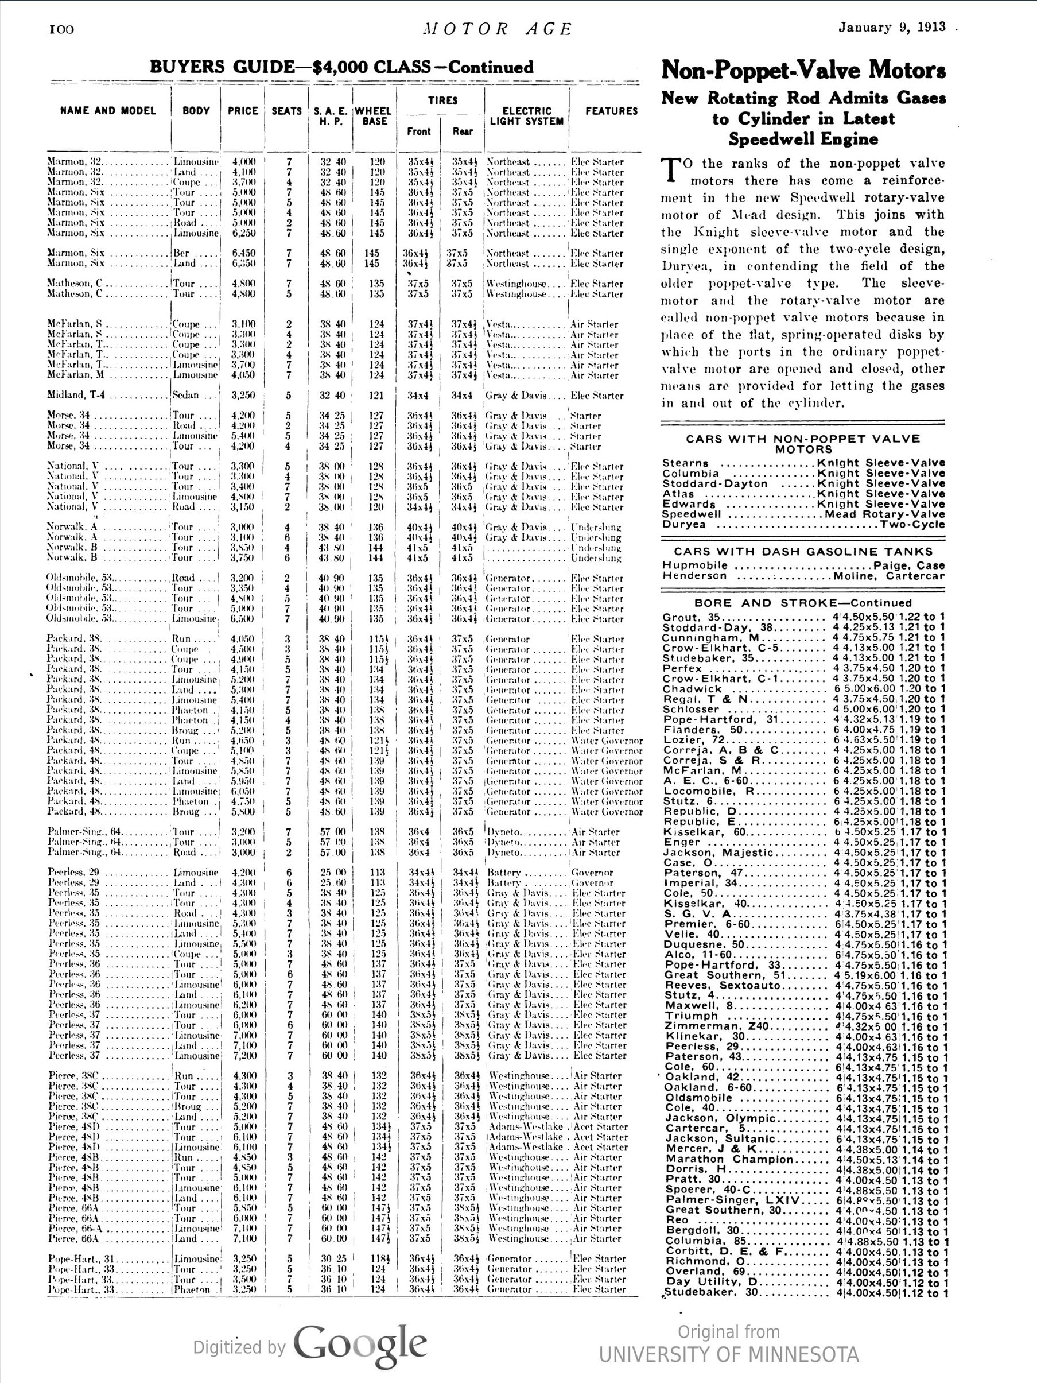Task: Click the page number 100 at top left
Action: coord(61,29)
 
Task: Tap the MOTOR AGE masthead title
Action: coord(496,29)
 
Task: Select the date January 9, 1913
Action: coord(892,27)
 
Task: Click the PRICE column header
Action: coord(243,111)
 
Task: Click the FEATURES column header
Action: coord(611,111)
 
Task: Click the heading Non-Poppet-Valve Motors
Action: coord(803,70)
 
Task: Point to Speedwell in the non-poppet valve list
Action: coord(692,514)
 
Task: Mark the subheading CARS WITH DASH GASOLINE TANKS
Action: coord(803,552)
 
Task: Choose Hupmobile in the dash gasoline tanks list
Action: coord(695,565)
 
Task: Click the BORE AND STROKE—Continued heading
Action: coord(803,603)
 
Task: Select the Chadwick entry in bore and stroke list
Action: coord(693,689)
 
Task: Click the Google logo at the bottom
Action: coord(360,1346)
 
